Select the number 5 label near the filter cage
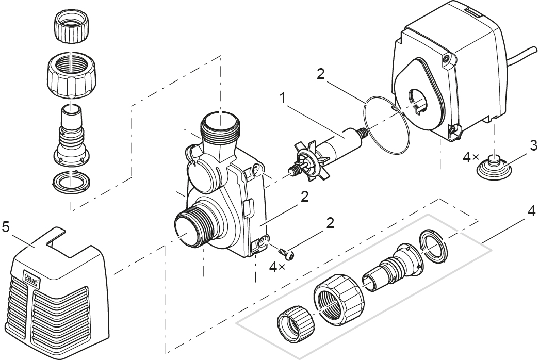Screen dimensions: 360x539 6,227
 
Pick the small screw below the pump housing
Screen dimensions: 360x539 285,253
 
